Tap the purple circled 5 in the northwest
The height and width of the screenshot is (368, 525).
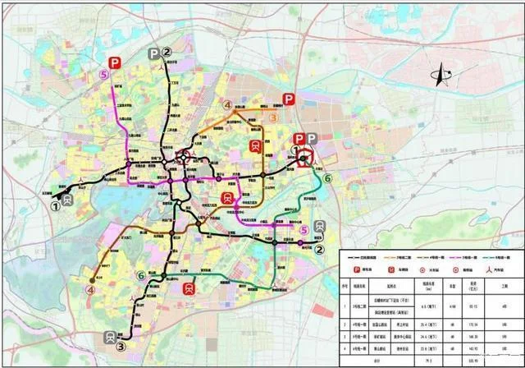point(103,75)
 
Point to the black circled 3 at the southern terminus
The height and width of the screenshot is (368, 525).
point(121,347)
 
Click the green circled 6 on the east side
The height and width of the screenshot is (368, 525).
point(328,178)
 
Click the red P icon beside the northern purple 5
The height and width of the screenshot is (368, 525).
point(116,62)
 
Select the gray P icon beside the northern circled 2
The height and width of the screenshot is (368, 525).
point(153,53)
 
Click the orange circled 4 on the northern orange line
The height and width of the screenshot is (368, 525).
point(228,105)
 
